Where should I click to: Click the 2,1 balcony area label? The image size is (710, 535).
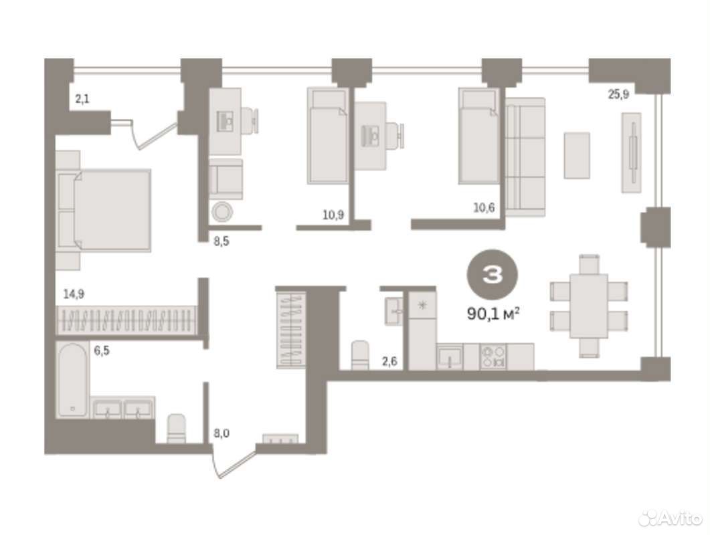(x=82, y=99)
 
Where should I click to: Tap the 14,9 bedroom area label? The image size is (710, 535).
(x=74, y=294)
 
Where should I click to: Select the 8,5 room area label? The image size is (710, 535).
(x=221, y=241)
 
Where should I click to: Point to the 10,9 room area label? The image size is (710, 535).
(x=333, y=215)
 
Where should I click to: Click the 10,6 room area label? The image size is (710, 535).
(x=484, y=208)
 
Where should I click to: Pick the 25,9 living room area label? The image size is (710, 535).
(x=618, y=94)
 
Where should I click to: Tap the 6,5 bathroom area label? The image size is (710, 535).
(x=102, y=350)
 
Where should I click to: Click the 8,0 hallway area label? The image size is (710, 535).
(x=221, y=433)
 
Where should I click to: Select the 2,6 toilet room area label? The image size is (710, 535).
(x=389, y=361)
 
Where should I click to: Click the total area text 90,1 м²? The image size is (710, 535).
(x=493, y=313)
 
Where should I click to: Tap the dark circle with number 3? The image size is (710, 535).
(x=493, y=274)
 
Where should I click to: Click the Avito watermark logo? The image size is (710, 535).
(x=670, y=518)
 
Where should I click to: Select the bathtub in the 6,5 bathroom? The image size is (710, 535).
(x=72, y=380)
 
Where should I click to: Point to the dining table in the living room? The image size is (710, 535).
(x=589, y=306)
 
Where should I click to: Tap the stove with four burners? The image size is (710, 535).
(x=493, y=356)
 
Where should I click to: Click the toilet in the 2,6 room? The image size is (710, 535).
(x=361, y=356)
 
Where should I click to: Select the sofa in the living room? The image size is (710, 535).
(x=525, y=157)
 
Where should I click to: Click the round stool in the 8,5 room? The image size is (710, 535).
(x=222, y=211)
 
